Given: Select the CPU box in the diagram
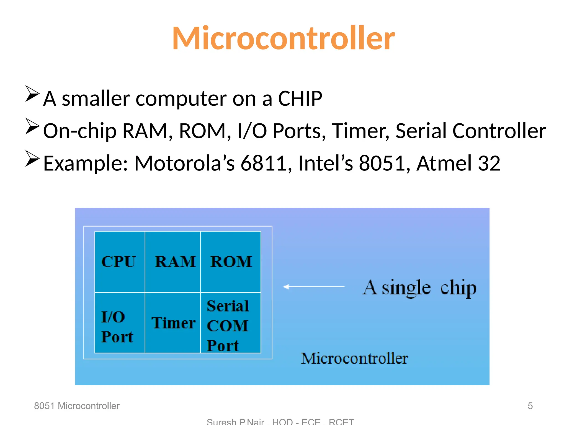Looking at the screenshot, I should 120,262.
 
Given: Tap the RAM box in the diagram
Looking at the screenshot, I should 173,262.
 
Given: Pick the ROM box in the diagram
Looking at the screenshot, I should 231,262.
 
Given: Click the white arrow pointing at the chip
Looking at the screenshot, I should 314,287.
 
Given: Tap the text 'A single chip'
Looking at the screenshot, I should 419,288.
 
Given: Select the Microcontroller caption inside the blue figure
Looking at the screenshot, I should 354,358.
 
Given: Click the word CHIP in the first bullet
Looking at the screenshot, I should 300,99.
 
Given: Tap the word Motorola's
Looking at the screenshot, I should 184,163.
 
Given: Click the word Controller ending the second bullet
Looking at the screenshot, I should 499,131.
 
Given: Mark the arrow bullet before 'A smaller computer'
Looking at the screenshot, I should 32,94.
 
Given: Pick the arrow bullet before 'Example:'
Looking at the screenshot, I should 32,159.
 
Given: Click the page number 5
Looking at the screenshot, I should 530,406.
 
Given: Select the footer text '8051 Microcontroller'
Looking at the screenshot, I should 77,406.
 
